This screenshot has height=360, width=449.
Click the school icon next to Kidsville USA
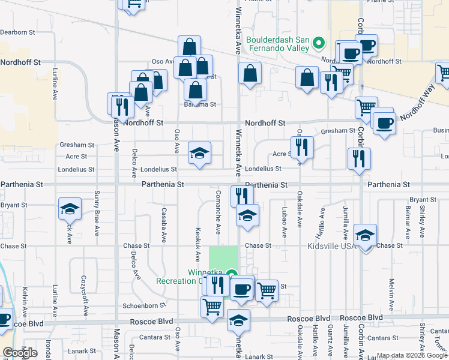tap(365, 236)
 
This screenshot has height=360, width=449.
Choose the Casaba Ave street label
tap(163, 225)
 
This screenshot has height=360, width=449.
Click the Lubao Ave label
tap(283, 223)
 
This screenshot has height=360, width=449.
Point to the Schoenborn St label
tap(152, 305)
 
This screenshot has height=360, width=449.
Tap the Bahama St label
tap(200, 104)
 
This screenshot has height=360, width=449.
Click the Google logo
tap(20, 353)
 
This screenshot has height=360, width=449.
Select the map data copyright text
tap(412, 355)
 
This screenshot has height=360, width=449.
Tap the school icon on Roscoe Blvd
tap(238, 320)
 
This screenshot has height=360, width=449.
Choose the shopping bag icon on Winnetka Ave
tap(250, 74)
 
